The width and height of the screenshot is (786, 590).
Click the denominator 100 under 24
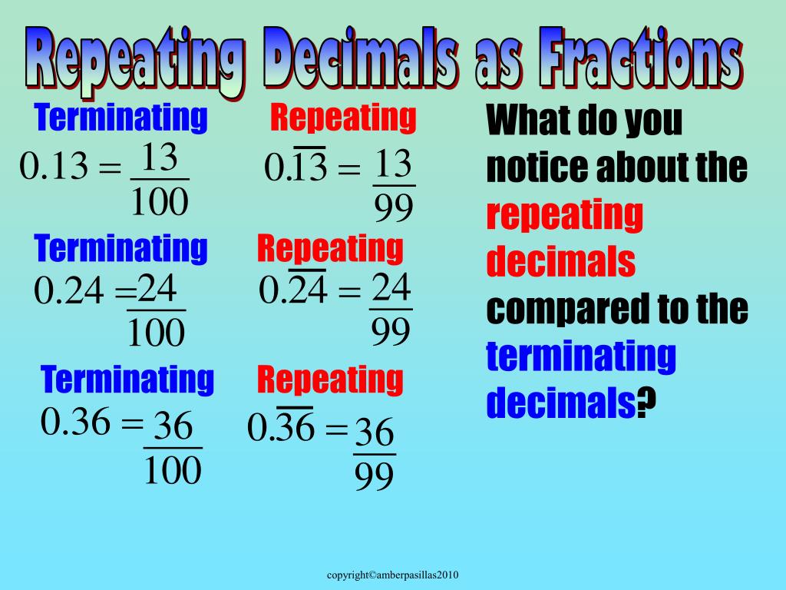157,332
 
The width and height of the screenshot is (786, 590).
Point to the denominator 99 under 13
394,207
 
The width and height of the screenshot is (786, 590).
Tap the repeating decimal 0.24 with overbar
293,290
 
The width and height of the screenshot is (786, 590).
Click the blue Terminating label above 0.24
121,249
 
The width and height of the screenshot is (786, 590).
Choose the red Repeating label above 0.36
330,380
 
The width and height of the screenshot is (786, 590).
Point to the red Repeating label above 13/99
343,118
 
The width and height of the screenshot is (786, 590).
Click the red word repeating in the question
564,216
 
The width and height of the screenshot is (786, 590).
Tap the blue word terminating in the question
581,356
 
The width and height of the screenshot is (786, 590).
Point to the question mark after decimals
649,403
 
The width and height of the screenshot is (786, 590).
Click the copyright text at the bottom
393,575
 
